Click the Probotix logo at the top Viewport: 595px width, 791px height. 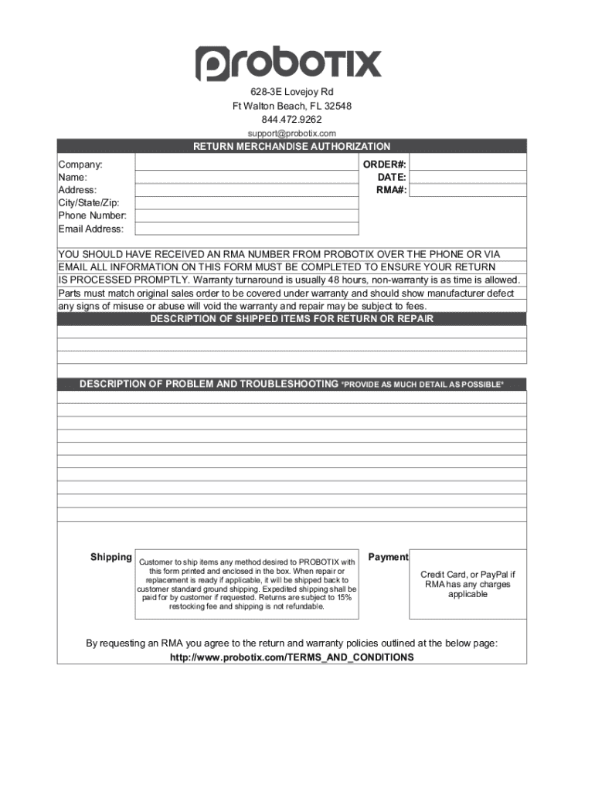(288, 63)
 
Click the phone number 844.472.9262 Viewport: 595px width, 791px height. (291, 120)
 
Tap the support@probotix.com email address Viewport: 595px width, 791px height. (291, 133)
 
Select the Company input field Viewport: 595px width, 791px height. (246, 165)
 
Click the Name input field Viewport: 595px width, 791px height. (246, 177)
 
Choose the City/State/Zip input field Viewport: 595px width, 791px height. (246, 202)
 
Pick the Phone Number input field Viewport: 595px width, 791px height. (246, 216)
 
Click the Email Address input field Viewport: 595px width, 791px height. (246, 229)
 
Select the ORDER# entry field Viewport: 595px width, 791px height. (467, 165)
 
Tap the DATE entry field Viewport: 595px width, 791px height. (467, 177)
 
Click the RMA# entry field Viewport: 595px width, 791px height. (467, 190)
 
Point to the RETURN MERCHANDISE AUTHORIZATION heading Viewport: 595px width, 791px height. (291, 146)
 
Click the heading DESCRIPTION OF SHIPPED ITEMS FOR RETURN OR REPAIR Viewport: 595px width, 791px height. (291, 319)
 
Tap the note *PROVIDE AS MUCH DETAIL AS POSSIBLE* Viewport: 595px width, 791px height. (423, 385)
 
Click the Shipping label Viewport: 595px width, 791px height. (111, 557)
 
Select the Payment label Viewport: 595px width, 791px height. (388, 557)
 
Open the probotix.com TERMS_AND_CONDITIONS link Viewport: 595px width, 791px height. (291, 657)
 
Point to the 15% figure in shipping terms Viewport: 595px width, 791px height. (344, 597)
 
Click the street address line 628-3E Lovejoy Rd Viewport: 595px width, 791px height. (291, 92)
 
